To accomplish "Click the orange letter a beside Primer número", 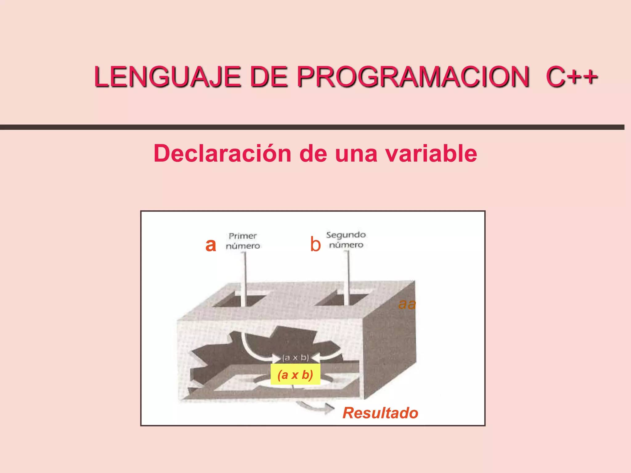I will click(x=211, y=245).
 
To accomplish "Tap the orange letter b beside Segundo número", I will click(x=315, y=245).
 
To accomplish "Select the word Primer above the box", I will click(x=242, y=236).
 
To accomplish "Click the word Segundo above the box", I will click(x=346, y=235).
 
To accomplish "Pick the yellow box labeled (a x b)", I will click(x=295, y=374).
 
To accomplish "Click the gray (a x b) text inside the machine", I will click(x=295, y=358).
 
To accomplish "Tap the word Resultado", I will click(x=380, y=413).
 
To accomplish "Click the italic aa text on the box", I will click(x=407, y=304).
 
